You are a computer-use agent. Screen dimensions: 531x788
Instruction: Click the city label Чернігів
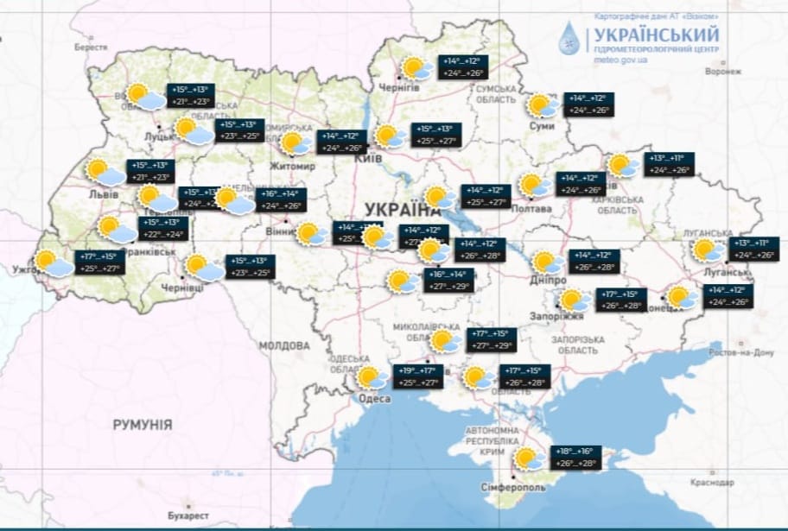tap(400, 88)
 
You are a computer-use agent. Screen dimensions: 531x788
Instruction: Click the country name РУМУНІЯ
tap(143, 425)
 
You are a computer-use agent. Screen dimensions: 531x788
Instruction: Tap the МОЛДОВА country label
tap(283, 345)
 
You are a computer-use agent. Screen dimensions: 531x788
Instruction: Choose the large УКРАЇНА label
tap(403, 209)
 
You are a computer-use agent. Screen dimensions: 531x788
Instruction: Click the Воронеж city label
tap(722, 72)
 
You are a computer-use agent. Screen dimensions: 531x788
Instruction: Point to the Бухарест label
tap(188, 515)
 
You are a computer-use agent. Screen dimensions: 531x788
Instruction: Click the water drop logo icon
tap(570, 39)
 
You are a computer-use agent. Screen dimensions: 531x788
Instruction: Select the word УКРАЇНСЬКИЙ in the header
tap(656, 35)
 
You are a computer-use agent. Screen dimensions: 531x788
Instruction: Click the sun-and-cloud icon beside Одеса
tap(372, 377)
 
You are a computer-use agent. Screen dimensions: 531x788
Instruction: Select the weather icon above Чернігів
tap(416, 67)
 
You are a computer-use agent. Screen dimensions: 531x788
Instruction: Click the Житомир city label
tap(293, 166)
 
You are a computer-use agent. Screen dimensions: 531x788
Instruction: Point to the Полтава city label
tap(532, 209)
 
